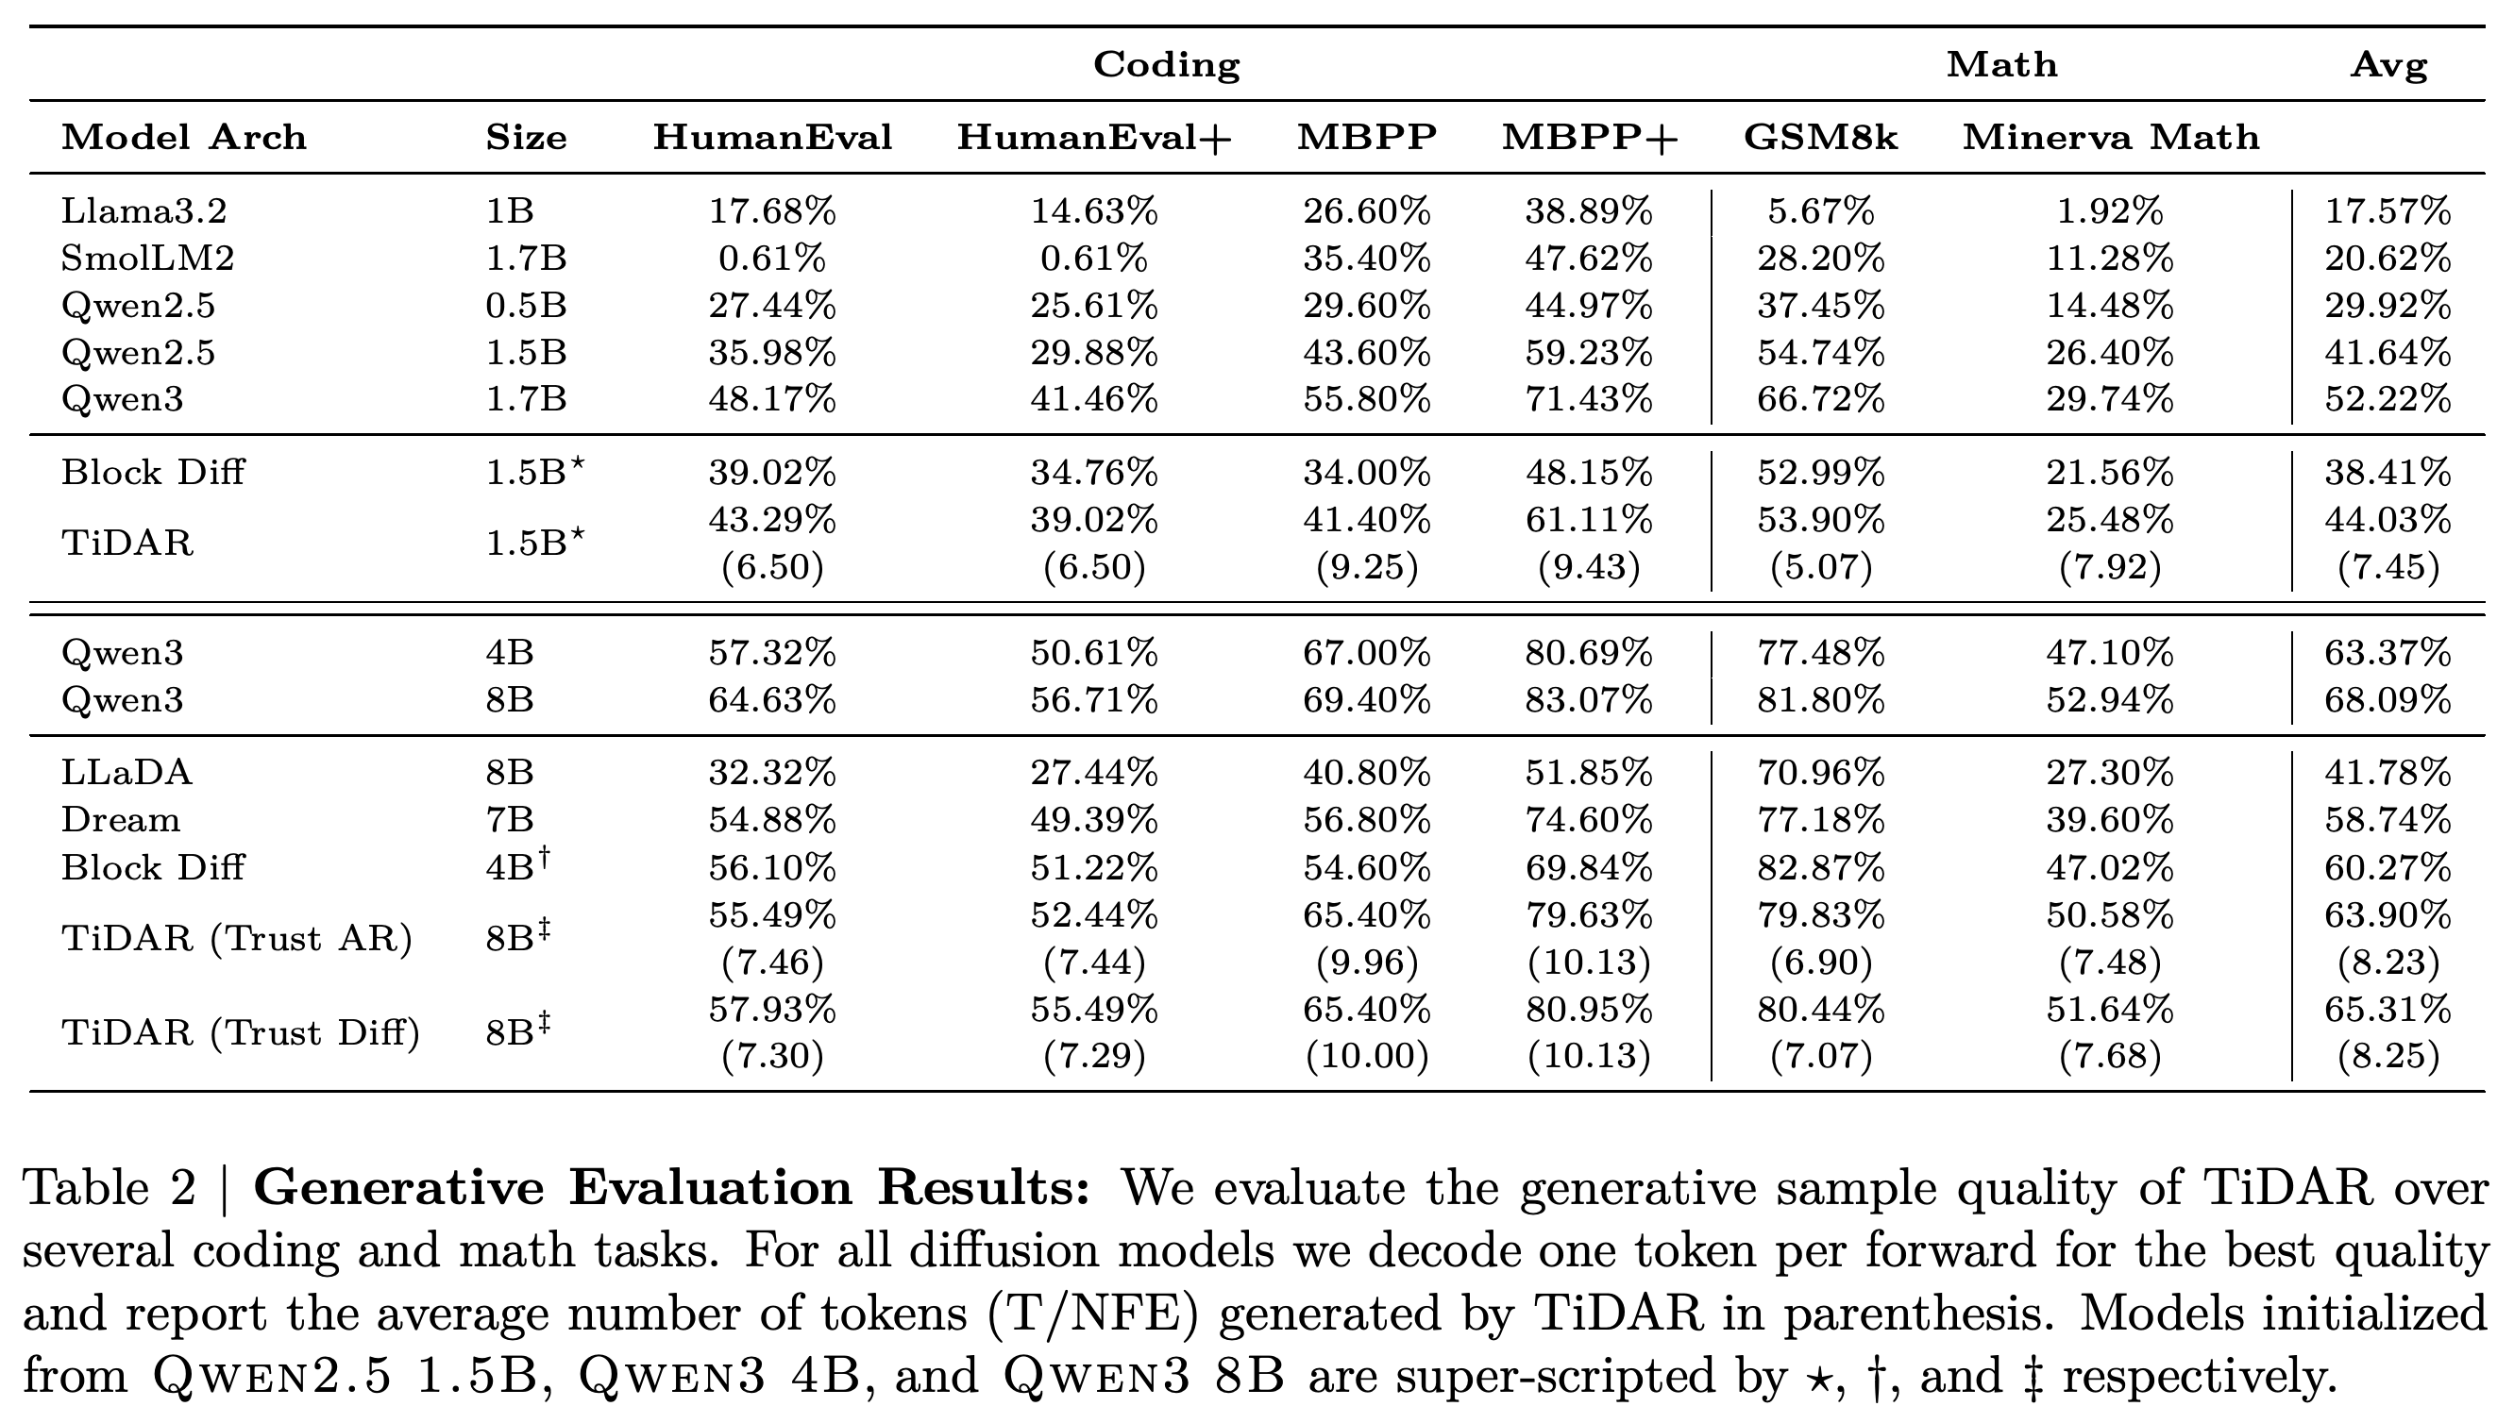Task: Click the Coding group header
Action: coord(1166,64)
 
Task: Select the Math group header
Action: coord(2001,64)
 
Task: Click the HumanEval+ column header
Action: coord(1094,138)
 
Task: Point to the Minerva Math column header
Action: coord(2111,138)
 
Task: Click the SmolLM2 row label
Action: coord(147,258)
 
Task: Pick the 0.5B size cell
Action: coord(526,305)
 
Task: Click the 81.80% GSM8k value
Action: coord(1821,700)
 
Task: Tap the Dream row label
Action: coord(121,819)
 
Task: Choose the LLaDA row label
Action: coord(127,772)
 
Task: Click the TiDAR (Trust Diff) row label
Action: coord(241,1033)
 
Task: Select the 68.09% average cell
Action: coord(2387,700)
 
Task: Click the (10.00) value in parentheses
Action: coord(1366,1057)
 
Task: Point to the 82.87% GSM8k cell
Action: coord(1821,867)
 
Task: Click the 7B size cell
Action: coord(509,819)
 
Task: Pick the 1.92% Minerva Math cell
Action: coord(2110,211)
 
